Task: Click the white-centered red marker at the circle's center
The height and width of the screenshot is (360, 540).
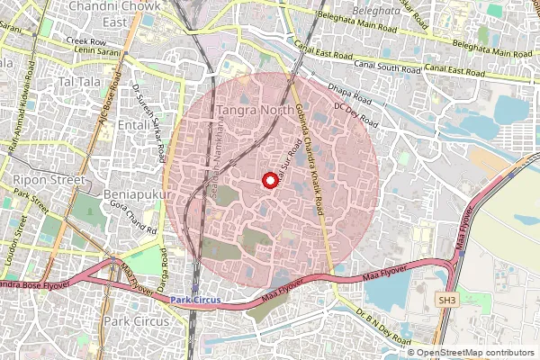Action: [268, 180]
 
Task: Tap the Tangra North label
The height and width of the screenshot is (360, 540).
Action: [253, 112]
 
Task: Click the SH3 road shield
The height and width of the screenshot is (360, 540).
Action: [446, 298]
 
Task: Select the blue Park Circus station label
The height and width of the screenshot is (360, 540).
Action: [195, 300]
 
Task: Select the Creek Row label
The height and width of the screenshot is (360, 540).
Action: [85, 41]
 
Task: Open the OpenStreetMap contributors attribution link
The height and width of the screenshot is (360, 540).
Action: [474, 353]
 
